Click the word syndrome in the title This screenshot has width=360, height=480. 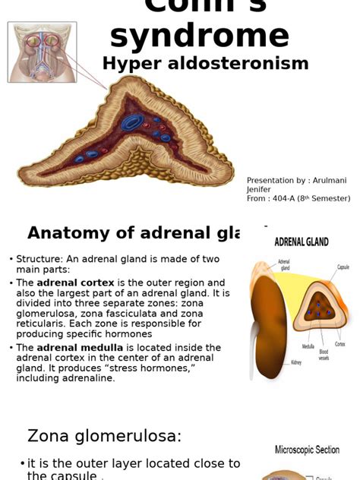point(199,35)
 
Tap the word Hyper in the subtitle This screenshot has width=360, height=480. point(128,64)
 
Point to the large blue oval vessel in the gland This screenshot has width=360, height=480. point(133,122)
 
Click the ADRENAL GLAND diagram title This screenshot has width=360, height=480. point(301,242)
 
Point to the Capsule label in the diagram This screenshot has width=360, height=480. point(343,267)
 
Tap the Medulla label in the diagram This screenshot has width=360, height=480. point(308,346)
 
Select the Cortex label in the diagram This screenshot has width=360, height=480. point(339,343)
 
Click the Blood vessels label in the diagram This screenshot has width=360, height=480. point(324,355)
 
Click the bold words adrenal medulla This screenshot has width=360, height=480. point(78,348)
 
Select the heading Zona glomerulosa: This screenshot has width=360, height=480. point(105,436)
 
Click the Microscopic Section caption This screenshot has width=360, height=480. point(307,450)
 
